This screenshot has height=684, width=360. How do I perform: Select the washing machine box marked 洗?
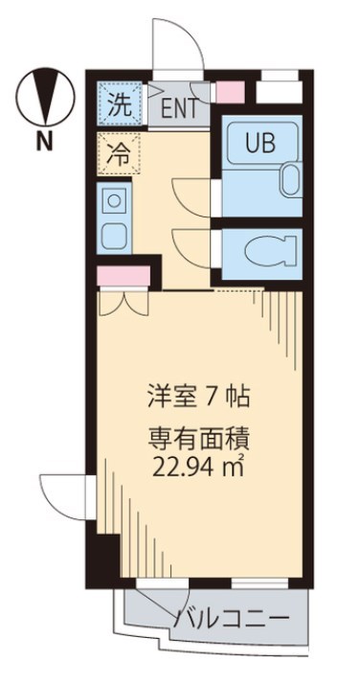120,103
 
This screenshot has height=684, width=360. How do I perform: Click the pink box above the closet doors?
123,277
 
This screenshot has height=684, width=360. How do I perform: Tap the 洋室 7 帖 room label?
200,396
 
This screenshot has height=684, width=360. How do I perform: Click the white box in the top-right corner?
280,92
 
